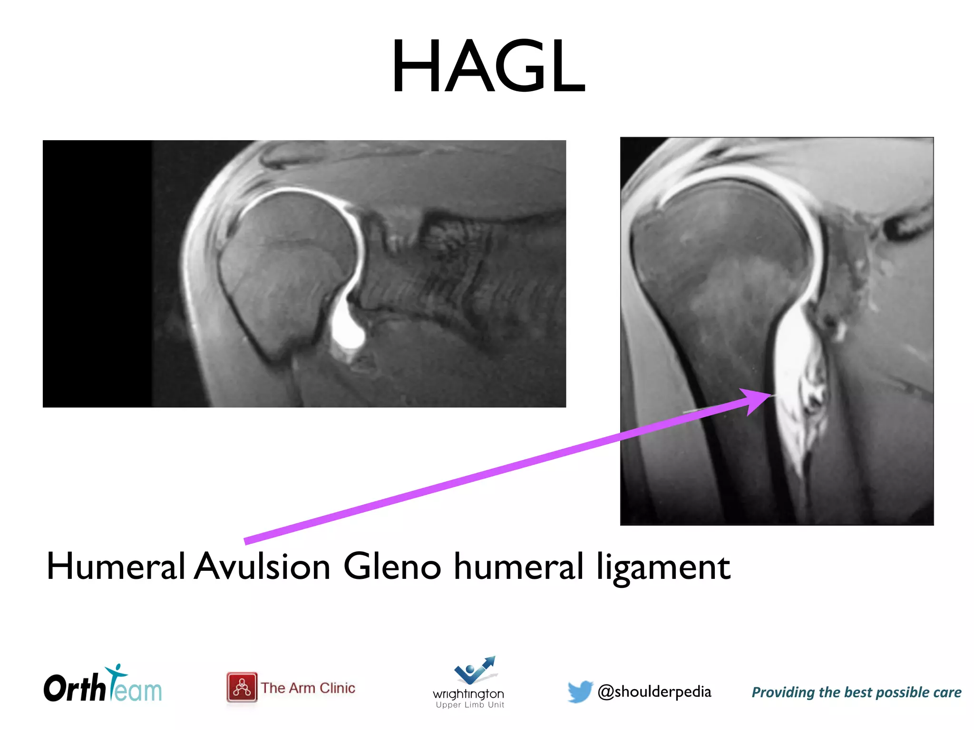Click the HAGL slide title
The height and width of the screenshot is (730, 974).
coord(488,67)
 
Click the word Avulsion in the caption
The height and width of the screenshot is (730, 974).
coord(262,567)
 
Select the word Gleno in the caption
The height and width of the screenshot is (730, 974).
coord(392,567)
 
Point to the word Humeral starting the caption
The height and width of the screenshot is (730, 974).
coord(116,567)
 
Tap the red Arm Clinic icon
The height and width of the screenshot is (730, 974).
coord(242,687)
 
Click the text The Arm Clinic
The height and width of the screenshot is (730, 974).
coord(308,688)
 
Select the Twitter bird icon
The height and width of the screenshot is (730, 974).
coord(580,691)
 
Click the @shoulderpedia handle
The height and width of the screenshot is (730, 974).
coord(654,692)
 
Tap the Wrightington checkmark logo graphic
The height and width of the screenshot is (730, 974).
coord(475,670)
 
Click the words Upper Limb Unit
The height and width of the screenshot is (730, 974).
coord(470,705)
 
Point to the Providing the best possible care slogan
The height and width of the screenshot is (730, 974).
coord(856,692)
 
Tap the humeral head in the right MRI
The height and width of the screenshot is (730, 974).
coord(723,247)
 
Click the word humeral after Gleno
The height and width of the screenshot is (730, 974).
coord(518,567)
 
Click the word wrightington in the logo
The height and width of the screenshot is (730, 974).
coord(468,694)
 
